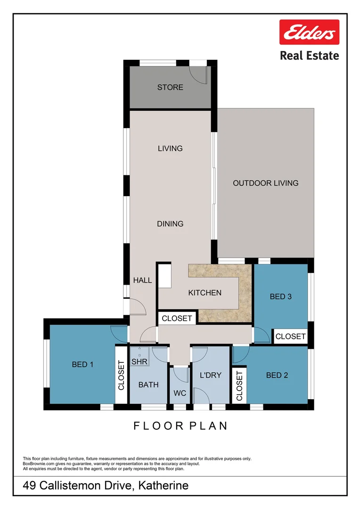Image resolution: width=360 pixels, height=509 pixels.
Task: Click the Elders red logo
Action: click(x=309, y=32)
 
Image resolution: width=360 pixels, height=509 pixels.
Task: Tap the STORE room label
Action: click(x=170, y=87)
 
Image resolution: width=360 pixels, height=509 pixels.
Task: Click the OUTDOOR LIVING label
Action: click(x=266, y=183)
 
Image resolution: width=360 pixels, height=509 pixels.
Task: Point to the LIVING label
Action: click(x=170, y=148)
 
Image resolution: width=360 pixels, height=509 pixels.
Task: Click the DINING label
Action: click(x=170, y=224)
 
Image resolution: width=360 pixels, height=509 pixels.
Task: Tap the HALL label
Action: click(x=142, y=280)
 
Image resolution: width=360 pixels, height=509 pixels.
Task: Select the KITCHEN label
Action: click(x=205, y=293)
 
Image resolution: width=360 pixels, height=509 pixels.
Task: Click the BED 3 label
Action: click(x=281, y=296)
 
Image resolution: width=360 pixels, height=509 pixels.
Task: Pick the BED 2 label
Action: click(x=277, y=375)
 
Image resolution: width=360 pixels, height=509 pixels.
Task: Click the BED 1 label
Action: click(x=82, y=364)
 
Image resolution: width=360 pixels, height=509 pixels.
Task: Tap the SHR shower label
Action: click(x=139, y=361)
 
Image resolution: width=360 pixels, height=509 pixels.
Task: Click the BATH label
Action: click(x=148, y=385)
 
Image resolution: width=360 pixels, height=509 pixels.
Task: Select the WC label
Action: click(x=180, y=393)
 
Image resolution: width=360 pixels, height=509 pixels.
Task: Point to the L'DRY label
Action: click(x=210, y=375)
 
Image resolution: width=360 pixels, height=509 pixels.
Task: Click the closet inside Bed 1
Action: click(x=121, y=375)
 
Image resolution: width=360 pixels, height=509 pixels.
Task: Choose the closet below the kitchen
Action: click(x=177, y=319)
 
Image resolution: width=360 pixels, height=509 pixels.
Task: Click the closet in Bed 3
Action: click(x=290, y=336)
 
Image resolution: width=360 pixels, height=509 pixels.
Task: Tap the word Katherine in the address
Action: click(x=163, y=486)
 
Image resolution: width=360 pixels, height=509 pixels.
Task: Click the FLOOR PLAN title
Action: click(x=180, y=426)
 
